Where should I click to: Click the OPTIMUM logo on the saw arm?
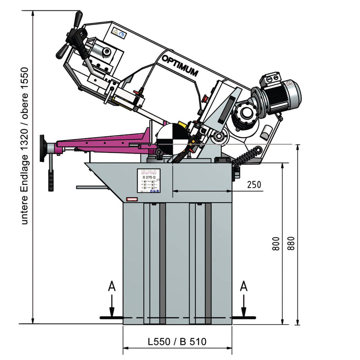tap(180, 66)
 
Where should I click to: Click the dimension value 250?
tap(254, 185)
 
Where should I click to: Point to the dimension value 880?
tap(290, 244)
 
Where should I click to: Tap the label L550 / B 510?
tap(177, 342)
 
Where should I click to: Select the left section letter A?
tap(112, 286)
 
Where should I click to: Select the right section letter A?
tap(244, 286)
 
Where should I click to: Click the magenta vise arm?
tap(103, 140)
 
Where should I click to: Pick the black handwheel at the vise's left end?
tap(42, 148)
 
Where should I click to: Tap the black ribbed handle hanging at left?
tap(51, 180)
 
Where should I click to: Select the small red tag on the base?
tap(133, 198)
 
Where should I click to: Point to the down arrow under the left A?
tap(112, 308)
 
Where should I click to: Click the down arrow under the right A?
tap(244, 308)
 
